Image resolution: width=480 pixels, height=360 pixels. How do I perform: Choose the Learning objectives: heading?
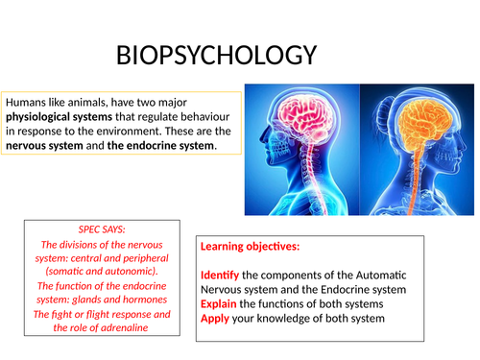click(252, 247)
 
